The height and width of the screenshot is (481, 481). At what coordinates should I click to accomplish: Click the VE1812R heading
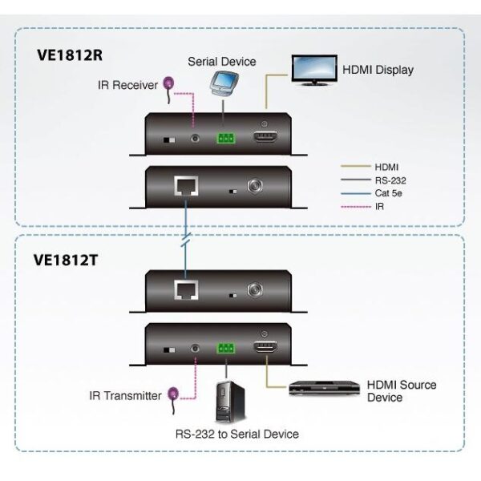tap(73, 57)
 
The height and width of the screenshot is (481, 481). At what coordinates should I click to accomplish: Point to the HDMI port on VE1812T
tap(266, 350)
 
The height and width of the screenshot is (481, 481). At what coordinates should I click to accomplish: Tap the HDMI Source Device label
tap(401, 391)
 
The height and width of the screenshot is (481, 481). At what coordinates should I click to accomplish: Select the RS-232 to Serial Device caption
tap(225, 435)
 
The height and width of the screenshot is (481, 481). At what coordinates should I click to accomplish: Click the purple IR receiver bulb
tap(169, 82)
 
